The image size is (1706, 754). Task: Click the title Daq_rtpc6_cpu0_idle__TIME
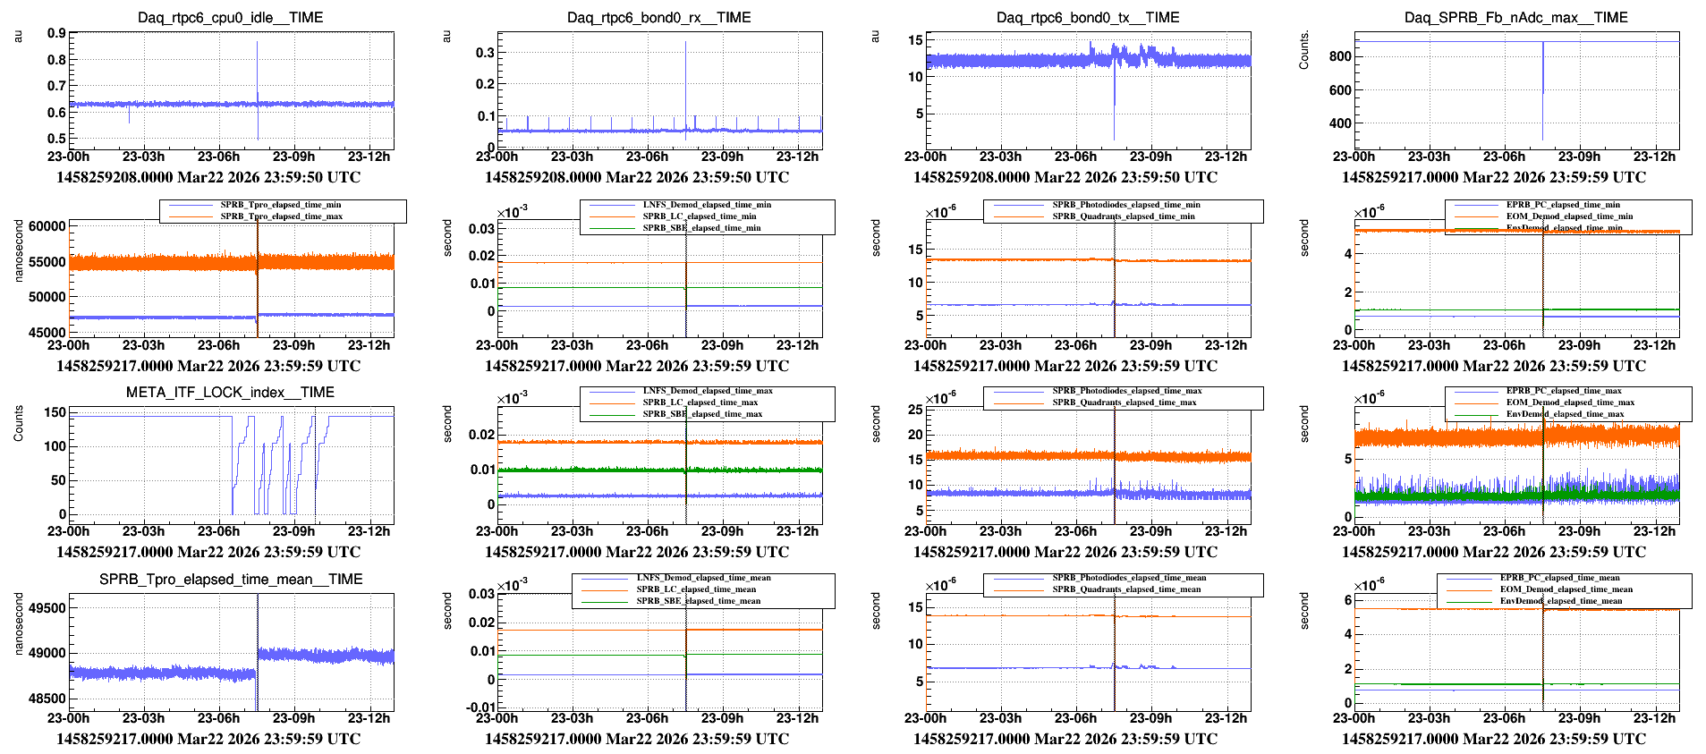[x=230, y=18]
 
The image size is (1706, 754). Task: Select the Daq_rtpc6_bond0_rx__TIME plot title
[x=658, y=18]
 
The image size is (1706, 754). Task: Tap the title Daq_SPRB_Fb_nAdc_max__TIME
[x=1515, y=18]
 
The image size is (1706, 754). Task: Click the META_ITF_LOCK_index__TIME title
[x=230, y=393]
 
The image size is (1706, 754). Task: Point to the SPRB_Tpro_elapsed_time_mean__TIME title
[x=231, y=580]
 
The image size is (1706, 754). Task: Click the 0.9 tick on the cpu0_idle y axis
[x=56, y=34]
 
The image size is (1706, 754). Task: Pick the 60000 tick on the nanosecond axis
[x=47, y=227]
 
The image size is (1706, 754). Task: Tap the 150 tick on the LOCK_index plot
[x=55, y=412]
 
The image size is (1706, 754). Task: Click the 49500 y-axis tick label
[x=47, y=608]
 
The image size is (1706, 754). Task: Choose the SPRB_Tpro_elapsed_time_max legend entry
[x=281, y=216]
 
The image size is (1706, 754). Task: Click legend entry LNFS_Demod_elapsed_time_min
[x=706, y=205]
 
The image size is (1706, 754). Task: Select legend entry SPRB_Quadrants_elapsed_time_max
[x=1124, y=402]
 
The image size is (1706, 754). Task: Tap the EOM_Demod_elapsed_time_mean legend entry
[x=1566, y=589]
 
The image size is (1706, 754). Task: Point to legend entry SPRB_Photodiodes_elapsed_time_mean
[x=1128, y=578]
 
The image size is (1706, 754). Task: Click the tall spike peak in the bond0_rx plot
[x=686, y=43]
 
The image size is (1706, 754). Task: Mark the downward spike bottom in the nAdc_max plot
[x=1542, y=139]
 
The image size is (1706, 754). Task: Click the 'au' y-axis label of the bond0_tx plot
[x=876, y=37]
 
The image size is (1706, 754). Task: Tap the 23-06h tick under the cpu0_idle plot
[x=218, y=157]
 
